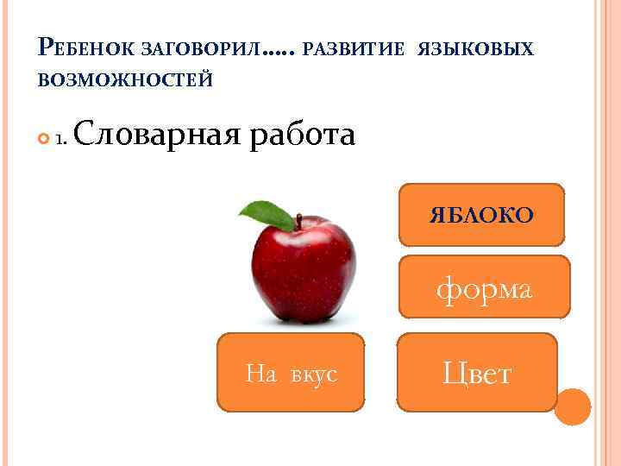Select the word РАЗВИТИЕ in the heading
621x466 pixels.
point(354,50)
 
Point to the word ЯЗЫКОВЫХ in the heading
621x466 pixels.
point(475,50)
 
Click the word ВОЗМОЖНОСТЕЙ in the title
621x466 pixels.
point(125,80)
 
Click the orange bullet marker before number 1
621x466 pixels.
point(44,138)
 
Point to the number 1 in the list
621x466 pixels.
point(60,139)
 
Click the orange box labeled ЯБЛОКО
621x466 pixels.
point(481,215)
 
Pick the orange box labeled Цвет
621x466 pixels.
point(477,372)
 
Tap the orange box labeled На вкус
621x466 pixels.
point(291,372)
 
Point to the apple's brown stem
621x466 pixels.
point(298,222)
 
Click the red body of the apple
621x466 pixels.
point(304,272)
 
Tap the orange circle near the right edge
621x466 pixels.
point(572,406)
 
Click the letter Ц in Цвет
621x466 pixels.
point(453,373)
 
